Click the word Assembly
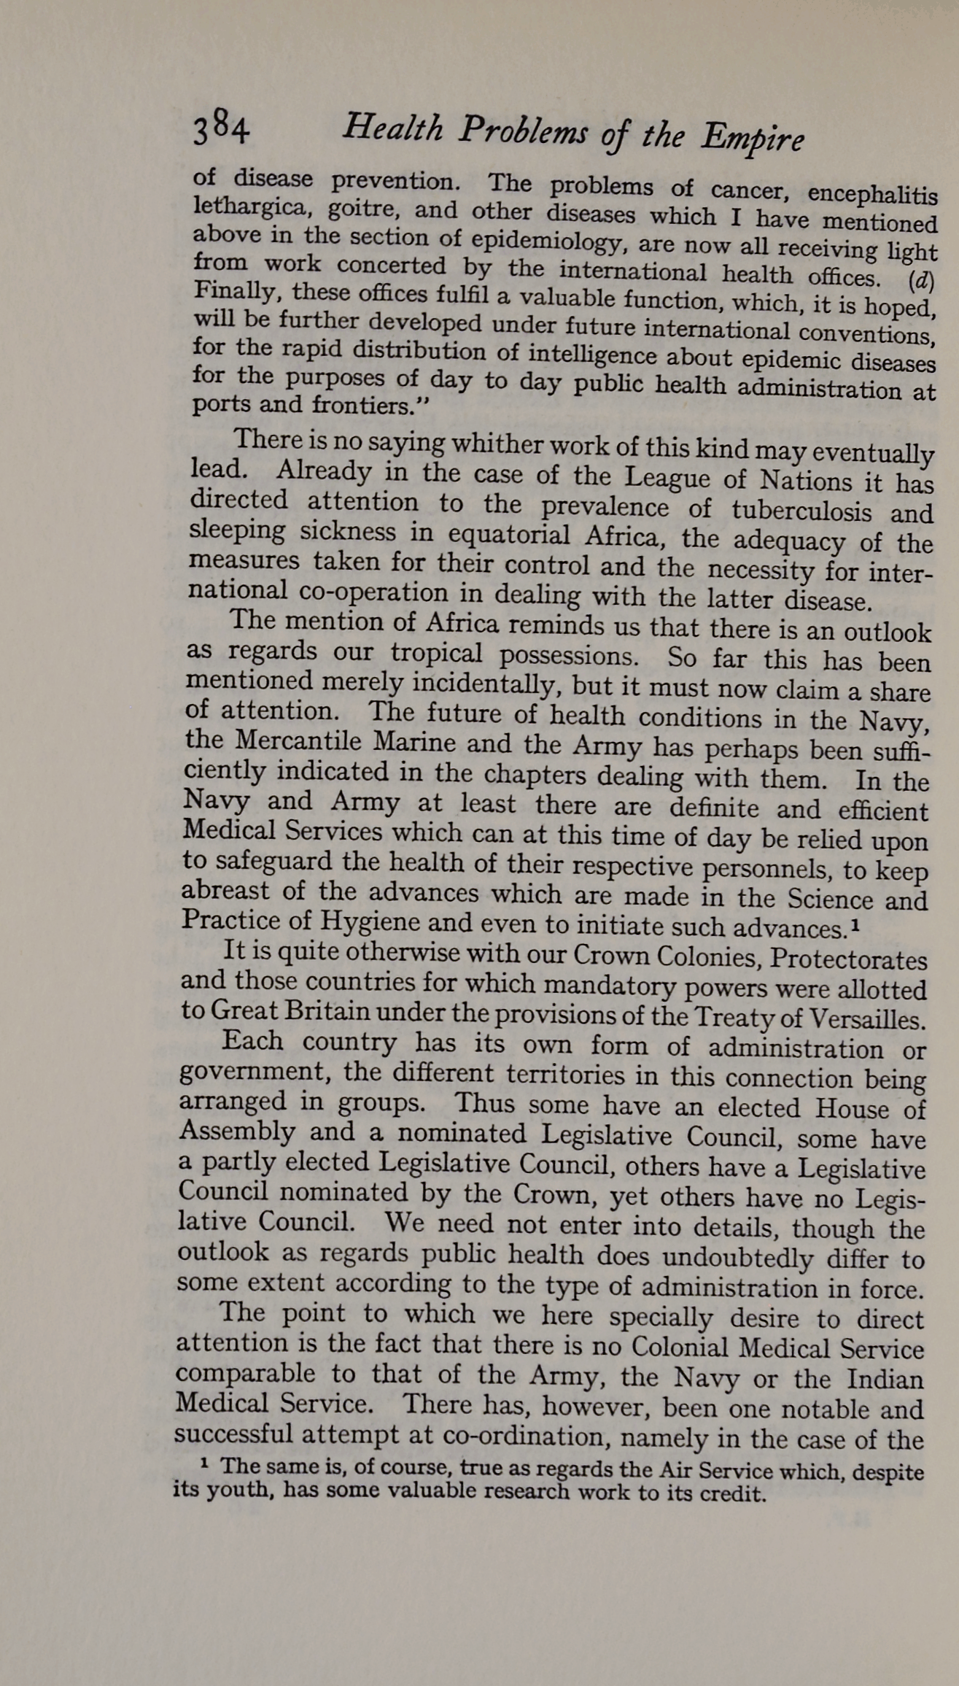236,1132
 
